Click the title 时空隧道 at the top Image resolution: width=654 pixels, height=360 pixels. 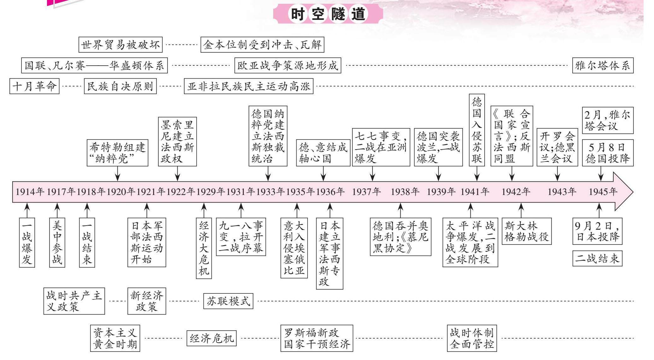328,14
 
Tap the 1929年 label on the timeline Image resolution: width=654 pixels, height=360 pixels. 211,192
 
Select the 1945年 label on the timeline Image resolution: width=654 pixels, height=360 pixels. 603,192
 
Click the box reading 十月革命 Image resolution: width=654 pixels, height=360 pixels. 34,86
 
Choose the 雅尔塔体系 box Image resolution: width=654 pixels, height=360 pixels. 603,66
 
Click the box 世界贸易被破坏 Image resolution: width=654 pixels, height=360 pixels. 120,45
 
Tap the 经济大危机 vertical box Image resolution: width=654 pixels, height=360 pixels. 204,248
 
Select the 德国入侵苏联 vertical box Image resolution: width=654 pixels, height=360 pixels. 477,130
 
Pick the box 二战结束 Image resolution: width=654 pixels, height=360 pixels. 597,258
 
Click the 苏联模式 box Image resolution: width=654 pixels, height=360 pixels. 228,301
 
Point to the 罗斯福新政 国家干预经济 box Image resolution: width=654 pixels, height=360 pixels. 317,338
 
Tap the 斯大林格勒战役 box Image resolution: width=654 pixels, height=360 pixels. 526,231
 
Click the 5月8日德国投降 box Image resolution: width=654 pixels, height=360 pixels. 607,153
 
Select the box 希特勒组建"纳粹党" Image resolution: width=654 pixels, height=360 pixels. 117,153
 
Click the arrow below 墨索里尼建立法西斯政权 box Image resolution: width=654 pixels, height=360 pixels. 177,174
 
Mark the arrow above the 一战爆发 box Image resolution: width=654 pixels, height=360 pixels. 27,210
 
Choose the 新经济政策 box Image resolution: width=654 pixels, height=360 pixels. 147,301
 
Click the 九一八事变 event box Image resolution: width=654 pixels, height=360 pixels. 241,237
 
